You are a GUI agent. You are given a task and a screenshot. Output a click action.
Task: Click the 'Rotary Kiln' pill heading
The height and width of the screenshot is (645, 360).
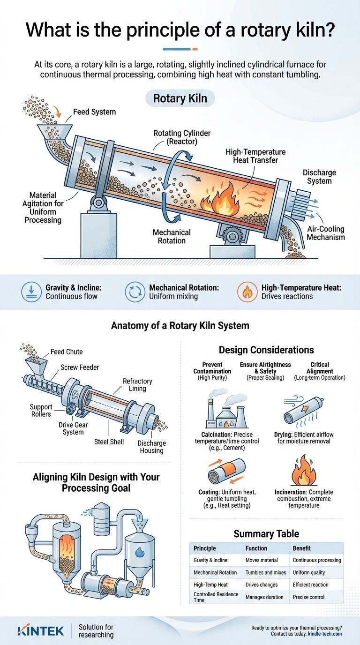[x=180, y=99]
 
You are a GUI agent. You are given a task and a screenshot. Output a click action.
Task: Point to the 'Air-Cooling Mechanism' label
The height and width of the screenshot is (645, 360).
[x=326, y=233]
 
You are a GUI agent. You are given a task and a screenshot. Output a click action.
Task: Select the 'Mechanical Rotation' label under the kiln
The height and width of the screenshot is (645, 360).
[x=172, y=236]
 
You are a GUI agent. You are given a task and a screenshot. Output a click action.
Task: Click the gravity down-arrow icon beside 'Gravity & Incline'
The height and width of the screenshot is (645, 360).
[x=31, y=292]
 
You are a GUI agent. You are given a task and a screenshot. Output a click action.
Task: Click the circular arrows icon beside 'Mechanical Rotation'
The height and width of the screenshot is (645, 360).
[x=135, y=292]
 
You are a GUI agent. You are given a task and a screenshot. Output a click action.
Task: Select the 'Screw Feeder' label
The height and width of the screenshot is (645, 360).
[x=80, y=367]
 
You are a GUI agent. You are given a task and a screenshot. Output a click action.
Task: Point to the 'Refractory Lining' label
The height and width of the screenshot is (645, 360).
[x=137, y=385]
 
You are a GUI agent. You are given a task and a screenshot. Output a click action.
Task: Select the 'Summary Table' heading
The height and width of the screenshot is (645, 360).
[x=266, y=533]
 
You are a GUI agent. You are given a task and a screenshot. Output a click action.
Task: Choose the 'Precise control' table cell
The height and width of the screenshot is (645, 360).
[x=310, y=597]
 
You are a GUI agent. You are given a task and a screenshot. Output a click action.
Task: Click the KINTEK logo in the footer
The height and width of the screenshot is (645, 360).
[x=41, y=630]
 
